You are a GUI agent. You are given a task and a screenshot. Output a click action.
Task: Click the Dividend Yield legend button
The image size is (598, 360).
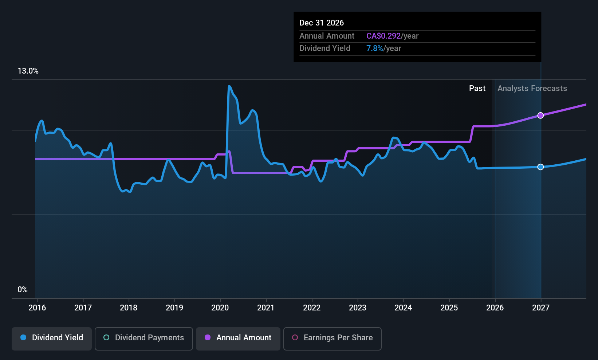(52, 338)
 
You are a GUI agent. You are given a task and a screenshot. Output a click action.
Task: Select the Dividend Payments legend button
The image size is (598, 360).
(144, 338)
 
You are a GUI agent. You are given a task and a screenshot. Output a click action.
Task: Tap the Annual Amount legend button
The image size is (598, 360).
(238, 338)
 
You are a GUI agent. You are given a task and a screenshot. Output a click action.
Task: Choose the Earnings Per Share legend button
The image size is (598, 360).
(332, 338)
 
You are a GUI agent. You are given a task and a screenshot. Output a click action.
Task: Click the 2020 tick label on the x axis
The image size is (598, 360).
(220, 308)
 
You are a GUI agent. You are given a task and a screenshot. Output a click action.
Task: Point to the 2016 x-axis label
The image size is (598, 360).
(37, 308)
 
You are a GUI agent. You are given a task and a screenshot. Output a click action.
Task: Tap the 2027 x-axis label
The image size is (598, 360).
(540, 308)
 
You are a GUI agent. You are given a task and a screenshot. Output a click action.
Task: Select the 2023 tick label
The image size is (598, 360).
(357, 308)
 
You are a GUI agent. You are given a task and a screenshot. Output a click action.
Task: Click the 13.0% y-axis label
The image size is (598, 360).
(28, 71)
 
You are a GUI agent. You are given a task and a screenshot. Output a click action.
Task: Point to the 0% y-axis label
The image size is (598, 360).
(23, 290)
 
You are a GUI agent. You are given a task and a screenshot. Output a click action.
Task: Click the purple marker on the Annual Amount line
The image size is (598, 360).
(540, 116)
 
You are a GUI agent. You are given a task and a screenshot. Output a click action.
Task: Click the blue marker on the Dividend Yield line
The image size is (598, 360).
(540, 167)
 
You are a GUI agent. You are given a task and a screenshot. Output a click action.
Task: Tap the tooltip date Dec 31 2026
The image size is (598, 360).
(322, 23)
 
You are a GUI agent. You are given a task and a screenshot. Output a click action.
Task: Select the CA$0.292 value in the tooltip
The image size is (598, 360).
(383, 36)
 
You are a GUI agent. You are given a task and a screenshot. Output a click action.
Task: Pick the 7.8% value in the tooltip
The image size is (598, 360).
(374, 48)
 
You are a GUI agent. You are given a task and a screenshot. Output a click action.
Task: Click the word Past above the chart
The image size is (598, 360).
(477, 89)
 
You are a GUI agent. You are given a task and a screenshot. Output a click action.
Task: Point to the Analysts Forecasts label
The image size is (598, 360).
(532, 89)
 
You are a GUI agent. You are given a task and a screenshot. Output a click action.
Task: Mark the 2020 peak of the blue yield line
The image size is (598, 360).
(229, 86)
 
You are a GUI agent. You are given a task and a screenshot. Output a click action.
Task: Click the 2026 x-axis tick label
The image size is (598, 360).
(495, 308)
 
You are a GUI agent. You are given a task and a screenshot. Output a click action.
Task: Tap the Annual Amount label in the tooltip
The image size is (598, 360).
(327, 36)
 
